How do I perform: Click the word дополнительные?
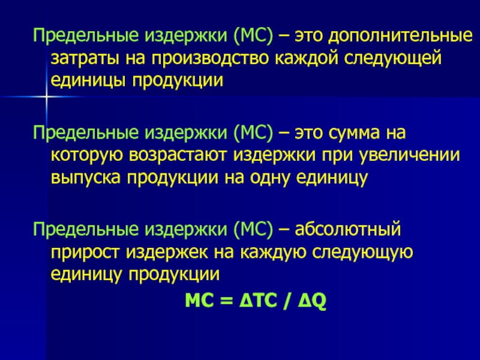click(400, 37)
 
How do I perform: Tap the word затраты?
click(85, 59)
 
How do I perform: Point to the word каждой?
click(307, 58)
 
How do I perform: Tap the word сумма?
click(355, 133)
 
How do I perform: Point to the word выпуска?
click(85, 178)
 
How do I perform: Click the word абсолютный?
click(348, 229)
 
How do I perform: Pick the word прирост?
click(85, 253)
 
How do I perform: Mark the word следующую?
click(362, 253)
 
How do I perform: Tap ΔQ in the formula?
click(312, 302)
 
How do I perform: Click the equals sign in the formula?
click(227, 301)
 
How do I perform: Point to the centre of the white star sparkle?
click(46, 97)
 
